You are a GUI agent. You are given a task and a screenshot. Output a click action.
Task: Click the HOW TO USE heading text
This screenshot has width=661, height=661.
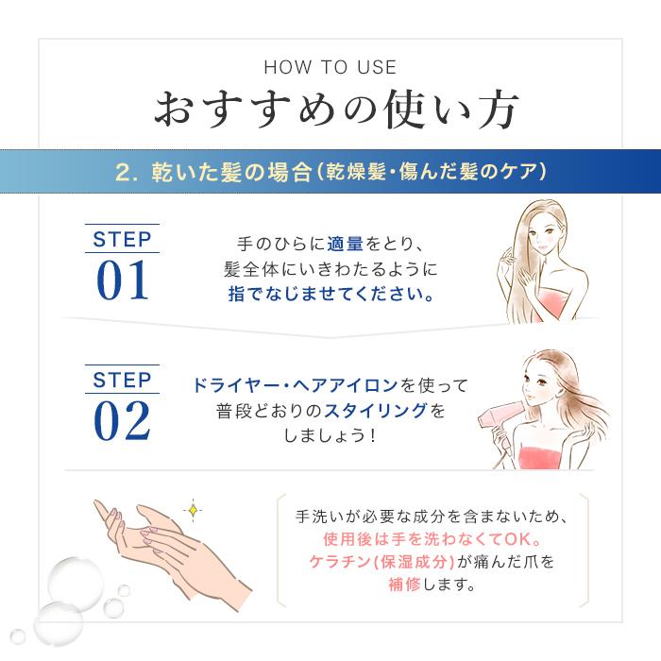coord(330,68)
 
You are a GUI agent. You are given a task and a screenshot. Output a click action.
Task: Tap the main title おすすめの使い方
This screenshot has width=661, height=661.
coord(330,111)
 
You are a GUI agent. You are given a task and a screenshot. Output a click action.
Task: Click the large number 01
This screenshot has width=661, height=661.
coord(123,280)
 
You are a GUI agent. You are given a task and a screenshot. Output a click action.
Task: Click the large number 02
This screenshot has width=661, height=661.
coord(123,420)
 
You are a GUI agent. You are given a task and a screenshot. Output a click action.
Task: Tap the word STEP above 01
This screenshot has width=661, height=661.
coord(123,238)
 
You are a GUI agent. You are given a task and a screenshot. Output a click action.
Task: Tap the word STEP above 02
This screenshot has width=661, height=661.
coord(123,380)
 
